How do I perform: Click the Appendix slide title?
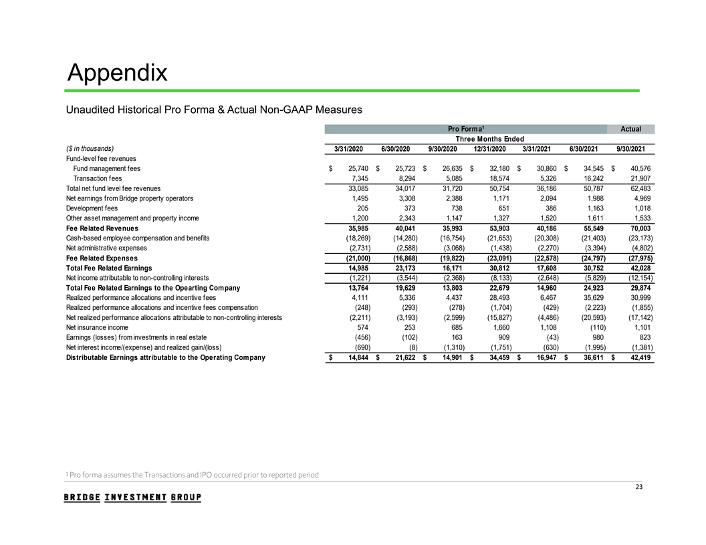click(x=118, y=71)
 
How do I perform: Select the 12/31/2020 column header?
click(x=491, y=148)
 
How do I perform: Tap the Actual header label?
click(x=630, y=129)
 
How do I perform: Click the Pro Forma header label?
click(x=466, y=129)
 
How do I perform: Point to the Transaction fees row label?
click(x=98, y=178)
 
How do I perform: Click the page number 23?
click(x=638, y=486)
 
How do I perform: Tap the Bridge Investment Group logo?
click(x=132, y=498)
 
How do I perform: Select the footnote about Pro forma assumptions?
click(x=192, y=475)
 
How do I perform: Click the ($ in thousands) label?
click(x=90, y=148)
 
